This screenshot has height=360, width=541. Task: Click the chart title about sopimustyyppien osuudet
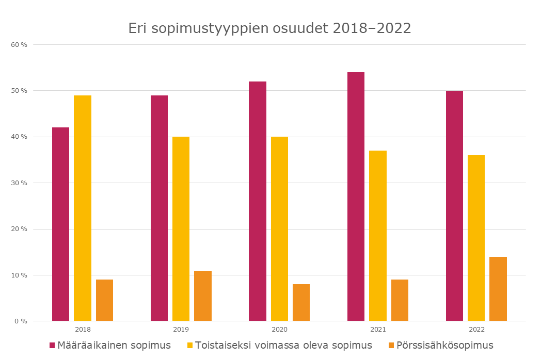pyautogui.click(x=269, y=28)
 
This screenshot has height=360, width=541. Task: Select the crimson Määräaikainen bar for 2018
pyautogui.click(x=60, y=224)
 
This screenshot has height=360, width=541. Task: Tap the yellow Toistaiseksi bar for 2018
pyautogui.click(x=83, y=208)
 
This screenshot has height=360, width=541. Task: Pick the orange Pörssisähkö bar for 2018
pyautogui.click(x=104, y=300)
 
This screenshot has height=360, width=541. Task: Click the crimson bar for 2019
pyautogui.click(x=159, y=208)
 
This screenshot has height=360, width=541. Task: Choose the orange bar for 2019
pyautogui.click(x=203, y=296)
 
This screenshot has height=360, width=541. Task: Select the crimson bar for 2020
pyautogui.click(x=258, y=201)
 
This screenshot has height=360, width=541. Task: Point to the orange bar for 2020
pyautogui.click(x=301, y=303)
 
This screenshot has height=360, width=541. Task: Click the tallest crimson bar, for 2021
pyautogui.click(x=356, y=197)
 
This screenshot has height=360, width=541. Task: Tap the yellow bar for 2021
pyautogui.click(x=378, y=236)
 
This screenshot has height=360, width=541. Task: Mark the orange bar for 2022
pyautogui.click(x=498, y=289)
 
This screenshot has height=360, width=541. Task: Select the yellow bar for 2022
pyautogui.click(x=476, y=238)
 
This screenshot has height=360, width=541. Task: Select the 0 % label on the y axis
pyautogui.click(x=21, y=321)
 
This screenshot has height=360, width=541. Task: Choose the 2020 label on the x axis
pyautogui.click(x=279, y=330)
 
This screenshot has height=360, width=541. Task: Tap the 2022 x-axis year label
pyautogui.click(x=476, y=330)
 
